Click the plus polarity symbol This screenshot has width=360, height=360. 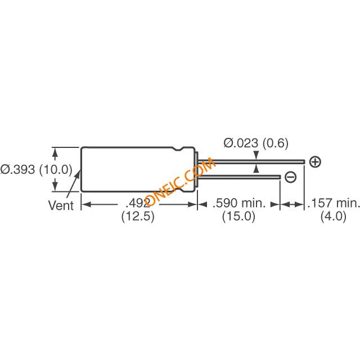315,162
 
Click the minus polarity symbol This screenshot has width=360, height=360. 291,177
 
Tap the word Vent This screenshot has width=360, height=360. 61,205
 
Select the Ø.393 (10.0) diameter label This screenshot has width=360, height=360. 36,170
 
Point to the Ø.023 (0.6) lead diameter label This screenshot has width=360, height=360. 256,143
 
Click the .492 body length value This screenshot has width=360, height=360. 138,203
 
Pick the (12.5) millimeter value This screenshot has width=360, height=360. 138,216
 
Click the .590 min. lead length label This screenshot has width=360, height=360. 238,203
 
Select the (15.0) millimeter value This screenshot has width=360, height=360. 238,216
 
